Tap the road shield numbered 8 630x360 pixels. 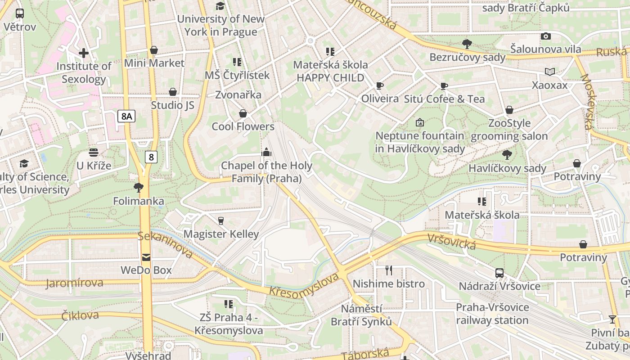tap(151, 157)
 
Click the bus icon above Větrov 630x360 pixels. tap(20, 13)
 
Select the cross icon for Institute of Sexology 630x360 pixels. tap(84, 53)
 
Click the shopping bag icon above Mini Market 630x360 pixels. tap(154, 50)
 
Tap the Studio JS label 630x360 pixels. tap(172, 105)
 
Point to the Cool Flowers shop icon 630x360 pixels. tap(243, 113)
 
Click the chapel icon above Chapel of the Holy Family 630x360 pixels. tap(266, 152)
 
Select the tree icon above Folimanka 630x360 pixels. tap(139, 187)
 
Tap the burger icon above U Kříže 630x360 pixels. tap(94, 152)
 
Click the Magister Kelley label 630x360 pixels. tap(221, 234)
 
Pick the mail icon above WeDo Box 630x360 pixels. tap(146, 257)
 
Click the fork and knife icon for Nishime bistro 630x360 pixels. tap(389, 270)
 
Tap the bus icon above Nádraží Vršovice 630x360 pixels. tap(499, 273)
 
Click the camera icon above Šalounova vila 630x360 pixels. tap(546, 36)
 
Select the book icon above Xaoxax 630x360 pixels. tap(550, 72)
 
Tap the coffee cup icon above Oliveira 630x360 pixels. tap(380, 85)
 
